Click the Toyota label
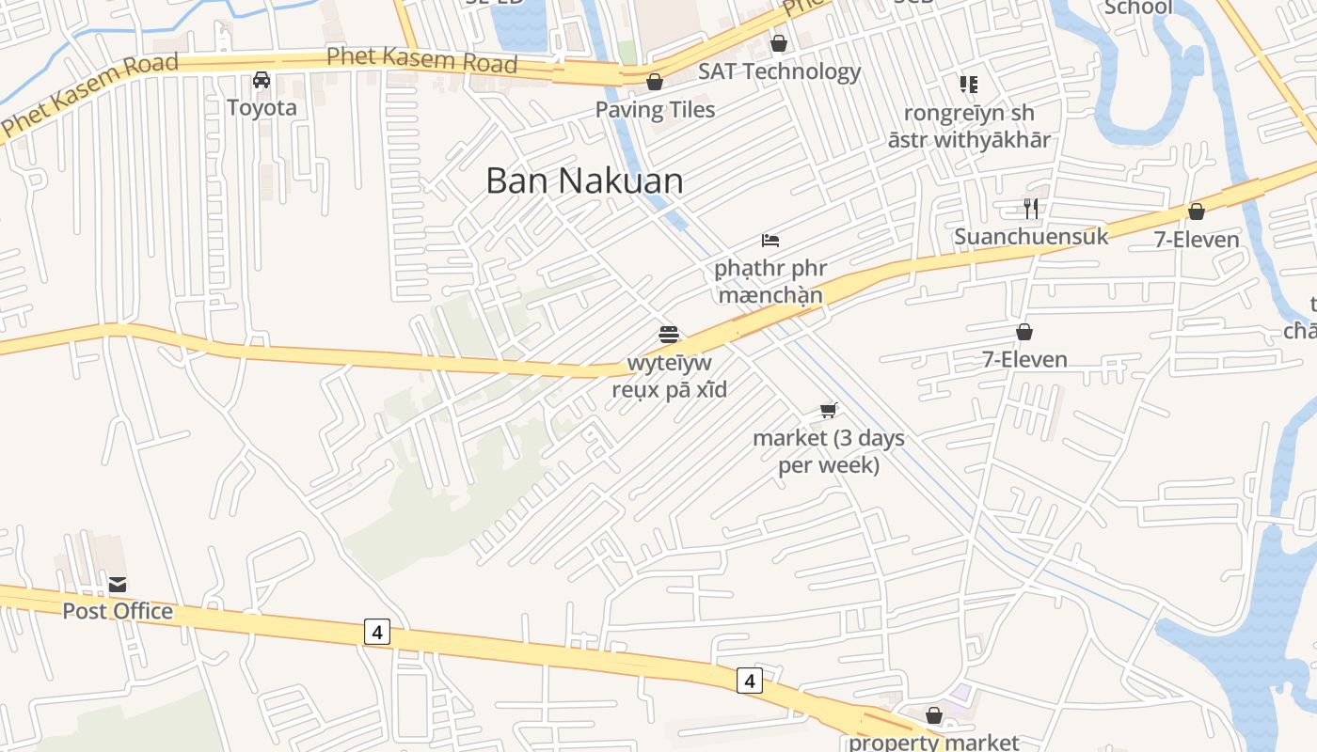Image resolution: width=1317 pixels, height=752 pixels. click(x=262, y=107)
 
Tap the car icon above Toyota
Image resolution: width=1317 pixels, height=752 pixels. click(x=262, y=80)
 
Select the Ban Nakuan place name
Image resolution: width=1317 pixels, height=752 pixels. click(x=584, y=180)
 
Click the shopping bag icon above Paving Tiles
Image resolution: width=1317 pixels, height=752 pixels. click(x=655, y=83)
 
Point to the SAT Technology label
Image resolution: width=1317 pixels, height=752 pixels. click(x=779, y=71)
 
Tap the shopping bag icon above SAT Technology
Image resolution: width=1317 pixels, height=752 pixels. click(x=778, y=43)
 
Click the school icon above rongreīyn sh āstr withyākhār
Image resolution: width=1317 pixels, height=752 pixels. click(x=969, y=85)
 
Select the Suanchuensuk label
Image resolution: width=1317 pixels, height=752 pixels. click(x=1031, y=236)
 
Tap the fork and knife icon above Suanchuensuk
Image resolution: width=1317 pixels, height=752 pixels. click(x=1031, y=208)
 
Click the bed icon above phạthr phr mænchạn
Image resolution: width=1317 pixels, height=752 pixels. click(x=770, y=241)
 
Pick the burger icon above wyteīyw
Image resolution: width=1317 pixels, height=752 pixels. click(x=669, y=334)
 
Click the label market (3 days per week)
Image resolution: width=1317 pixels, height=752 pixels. click(x=829, y=451)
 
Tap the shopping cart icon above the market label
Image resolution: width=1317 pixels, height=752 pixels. click(x=829, y=410)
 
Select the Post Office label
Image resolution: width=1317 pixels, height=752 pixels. click(x=118, y=611)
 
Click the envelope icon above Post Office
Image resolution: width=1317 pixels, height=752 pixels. click(x=118, y=584)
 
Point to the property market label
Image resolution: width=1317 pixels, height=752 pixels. click(x=933, y=742)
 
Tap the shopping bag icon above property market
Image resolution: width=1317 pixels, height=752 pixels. click(x=934, y=716)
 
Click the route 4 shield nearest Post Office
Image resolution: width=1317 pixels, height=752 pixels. click(x=376, y=633)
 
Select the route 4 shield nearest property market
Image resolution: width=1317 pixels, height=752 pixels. click(x=749, y=680)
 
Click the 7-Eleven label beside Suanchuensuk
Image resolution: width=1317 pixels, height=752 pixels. click(x=1197, y=240)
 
